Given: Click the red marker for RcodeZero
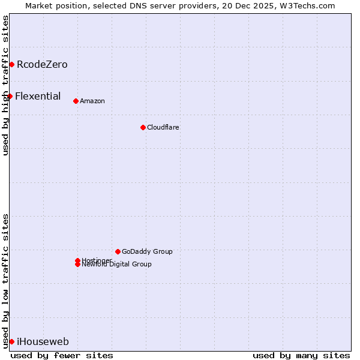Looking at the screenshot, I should coord(11,64).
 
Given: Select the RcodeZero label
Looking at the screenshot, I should coord(42,64).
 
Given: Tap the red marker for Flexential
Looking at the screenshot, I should coord(10,96).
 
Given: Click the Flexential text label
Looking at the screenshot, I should coord(38,96).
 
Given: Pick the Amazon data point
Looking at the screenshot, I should coord(76,101).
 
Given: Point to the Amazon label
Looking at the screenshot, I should coord(92,101).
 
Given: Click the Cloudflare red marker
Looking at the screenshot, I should coord(143,127).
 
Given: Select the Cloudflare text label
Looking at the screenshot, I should coord(163,127).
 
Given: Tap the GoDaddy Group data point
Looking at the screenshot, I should coord(118,251).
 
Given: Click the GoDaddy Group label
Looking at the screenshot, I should coord(147,251).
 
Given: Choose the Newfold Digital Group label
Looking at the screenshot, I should coord(116,265).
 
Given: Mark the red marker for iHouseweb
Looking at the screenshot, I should coord(11,341).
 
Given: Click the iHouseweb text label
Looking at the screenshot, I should coord(43,342).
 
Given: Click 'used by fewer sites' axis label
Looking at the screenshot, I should coord(62,355).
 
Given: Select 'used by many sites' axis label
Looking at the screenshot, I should coord(301,355).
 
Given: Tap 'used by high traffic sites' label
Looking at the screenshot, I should coord(5,85).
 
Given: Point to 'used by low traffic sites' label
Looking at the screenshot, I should coord(5,281).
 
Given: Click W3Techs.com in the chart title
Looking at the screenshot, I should coord(305,5).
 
